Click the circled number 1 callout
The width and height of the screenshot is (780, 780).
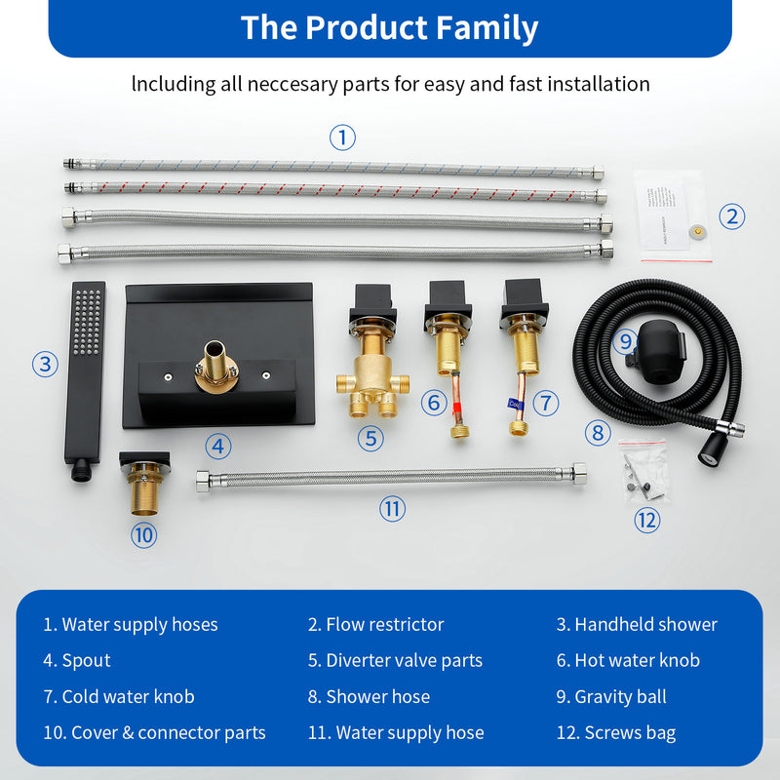(342, 137)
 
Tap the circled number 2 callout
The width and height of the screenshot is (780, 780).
(732, 216)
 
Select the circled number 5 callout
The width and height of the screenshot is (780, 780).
(370, 438)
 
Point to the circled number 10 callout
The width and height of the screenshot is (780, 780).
(144, 534)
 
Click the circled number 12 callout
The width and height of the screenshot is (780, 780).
(647, 520)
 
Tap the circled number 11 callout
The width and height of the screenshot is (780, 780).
(392, 508)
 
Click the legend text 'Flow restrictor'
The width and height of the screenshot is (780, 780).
(384, 625)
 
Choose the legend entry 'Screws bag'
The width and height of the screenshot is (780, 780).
(629, 733)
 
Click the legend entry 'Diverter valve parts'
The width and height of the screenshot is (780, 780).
(404, 661)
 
